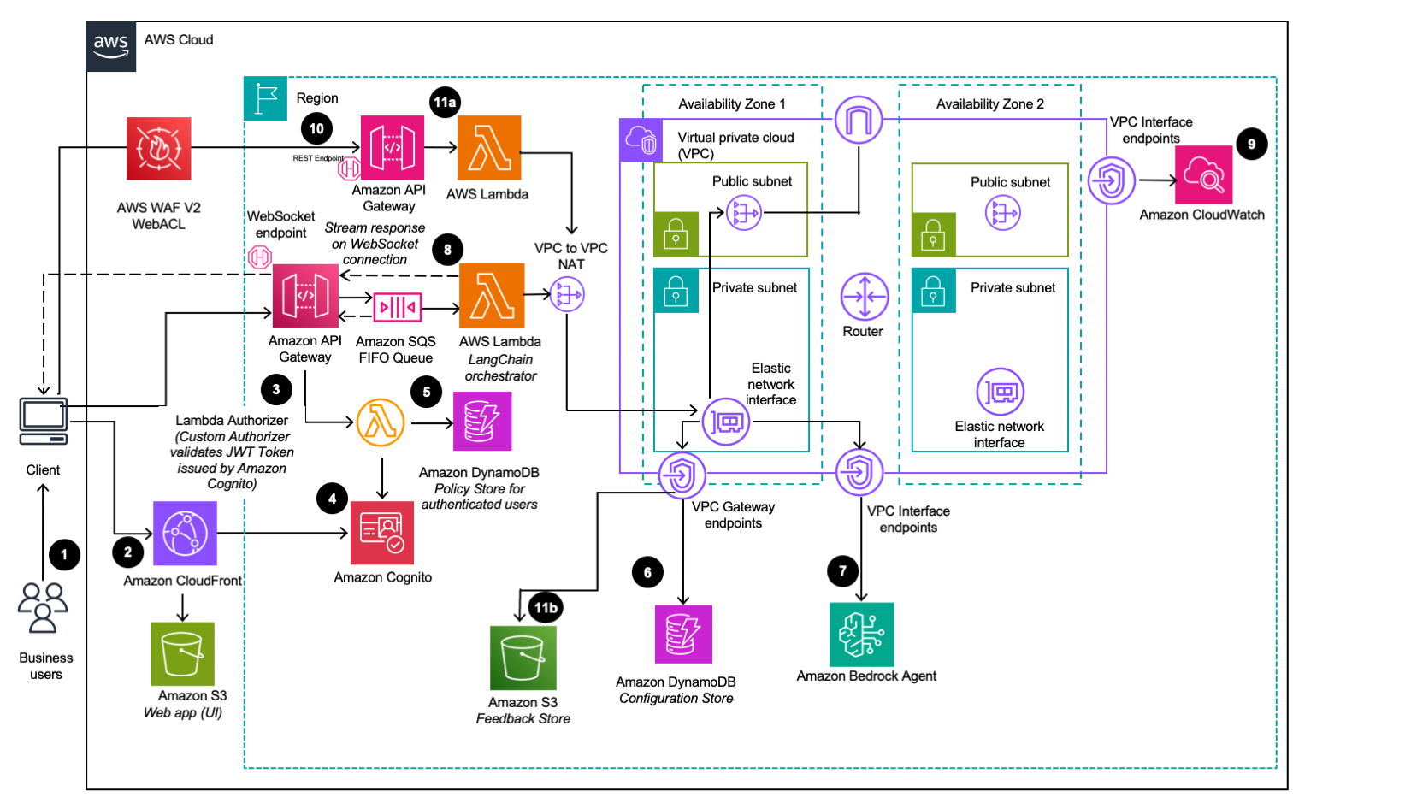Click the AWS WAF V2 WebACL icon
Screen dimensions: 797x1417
point(158,149)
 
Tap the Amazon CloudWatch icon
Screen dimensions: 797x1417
point(1203,175)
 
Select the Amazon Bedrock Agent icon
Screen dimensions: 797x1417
point(861,635)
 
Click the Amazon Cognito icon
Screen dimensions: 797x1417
point(382,533)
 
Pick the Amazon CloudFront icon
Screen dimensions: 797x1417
point(185,534)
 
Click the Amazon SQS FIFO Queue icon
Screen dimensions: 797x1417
point(397,307)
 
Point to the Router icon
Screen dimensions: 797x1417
point(864,297)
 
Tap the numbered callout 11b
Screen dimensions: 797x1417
point(546,608)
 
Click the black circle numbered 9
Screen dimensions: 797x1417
point(1251,144)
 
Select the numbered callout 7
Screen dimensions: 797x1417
point(842,570)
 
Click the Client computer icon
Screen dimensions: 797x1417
point(44,421)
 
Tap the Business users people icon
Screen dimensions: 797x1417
point(43,607)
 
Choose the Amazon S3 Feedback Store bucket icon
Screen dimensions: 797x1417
point(523,658)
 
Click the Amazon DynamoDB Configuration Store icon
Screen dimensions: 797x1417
point(683,635)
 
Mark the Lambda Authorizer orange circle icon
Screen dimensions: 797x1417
point(381,422)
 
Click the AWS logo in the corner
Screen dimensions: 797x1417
point(111,46)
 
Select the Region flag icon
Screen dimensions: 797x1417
point(265,98)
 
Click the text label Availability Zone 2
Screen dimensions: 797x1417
point(989,104)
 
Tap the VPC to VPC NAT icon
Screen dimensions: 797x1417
point(567,296)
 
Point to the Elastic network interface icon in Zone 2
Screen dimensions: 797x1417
point(1000,392)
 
